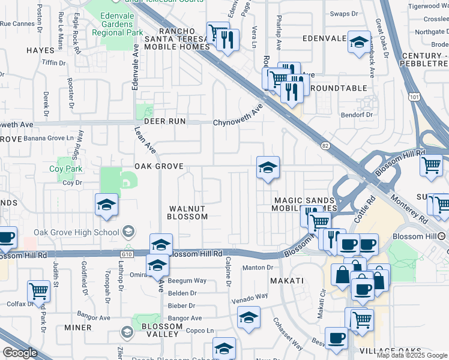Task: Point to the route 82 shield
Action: coord(325,145)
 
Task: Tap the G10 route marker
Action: coord(126,254)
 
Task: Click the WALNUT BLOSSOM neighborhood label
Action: coord(186,212)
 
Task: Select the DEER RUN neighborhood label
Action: coord(160,121)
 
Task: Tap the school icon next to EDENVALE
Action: coord(359,42)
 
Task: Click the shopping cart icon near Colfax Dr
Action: coord(38,291)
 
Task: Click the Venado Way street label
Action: coord(250,296)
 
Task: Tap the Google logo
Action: coord(20,353)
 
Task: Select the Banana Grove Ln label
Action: coord(52,138)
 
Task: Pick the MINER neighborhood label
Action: coord(78,328)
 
